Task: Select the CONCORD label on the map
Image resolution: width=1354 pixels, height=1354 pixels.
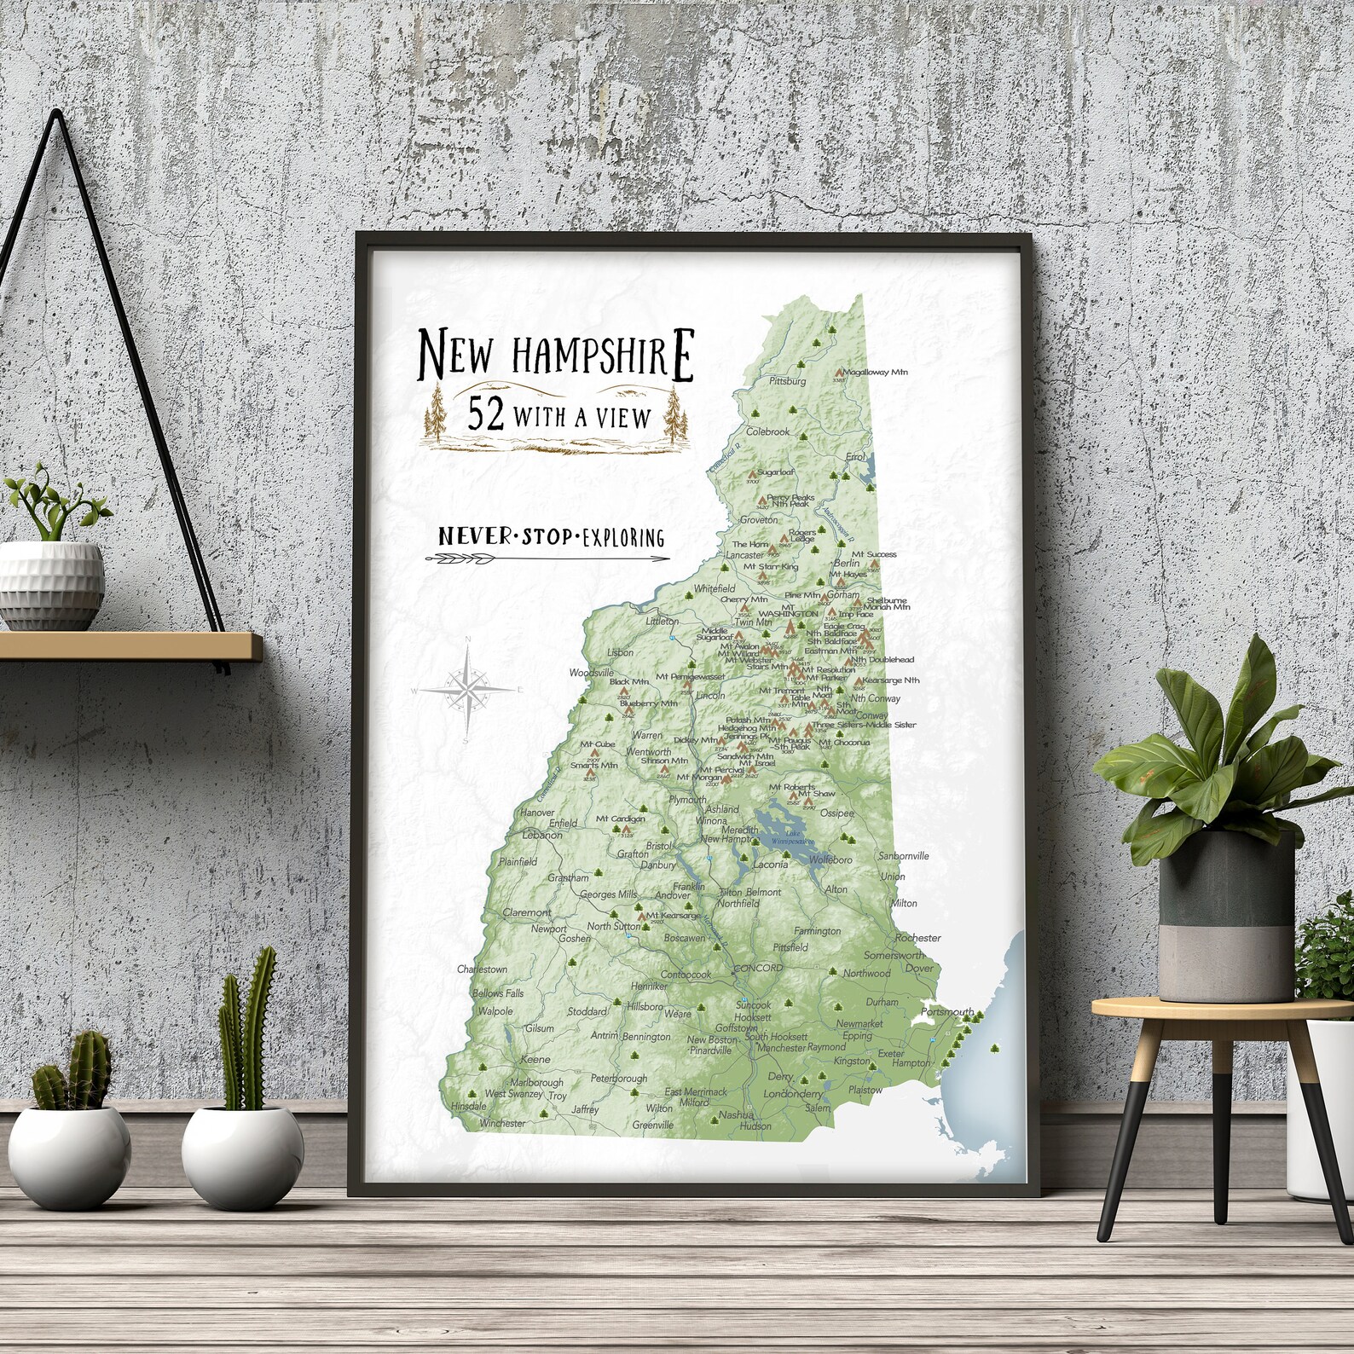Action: [x=757, y=968]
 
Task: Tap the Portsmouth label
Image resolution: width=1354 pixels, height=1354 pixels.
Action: [x=947, y=1012]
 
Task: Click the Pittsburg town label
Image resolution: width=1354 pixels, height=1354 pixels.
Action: [x=787, y=381]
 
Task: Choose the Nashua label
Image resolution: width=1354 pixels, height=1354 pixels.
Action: [x=735, y=1114]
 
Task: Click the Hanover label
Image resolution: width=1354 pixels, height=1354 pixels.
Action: [x=537, y=813]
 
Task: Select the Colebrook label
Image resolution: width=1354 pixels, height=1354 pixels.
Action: [x=767, y=431]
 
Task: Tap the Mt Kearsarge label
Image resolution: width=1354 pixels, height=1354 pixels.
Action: [x=673, y=916]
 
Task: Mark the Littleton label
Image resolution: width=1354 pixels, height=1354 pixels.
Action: [x=662, y=622]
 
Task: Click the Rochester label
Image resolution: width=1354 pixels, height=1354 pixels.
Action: [x=917, y=938]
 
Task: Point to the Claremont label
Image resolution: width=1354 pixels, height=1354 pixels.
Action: [x=527, y=912]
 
